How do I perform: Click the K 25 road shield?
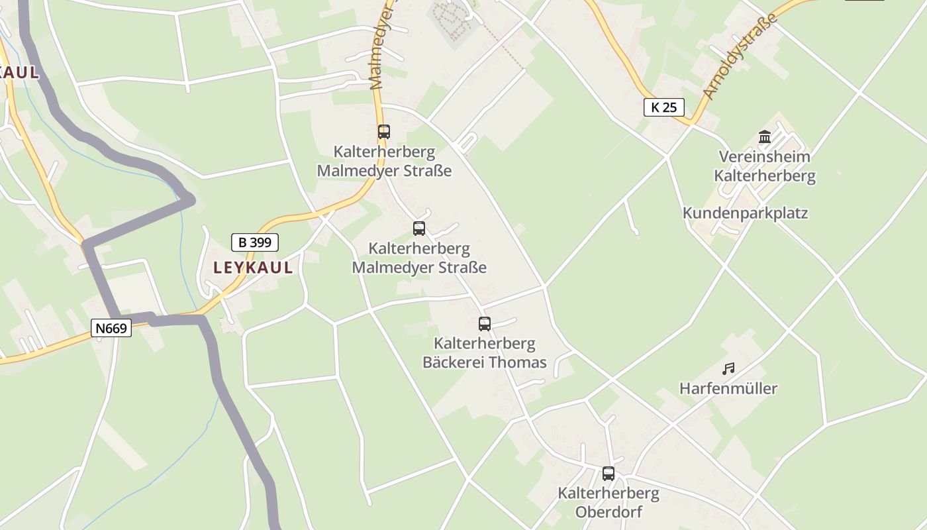(663, 107)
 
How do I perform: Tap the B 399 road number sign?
(255, 242)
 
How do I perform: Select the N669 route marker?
(111, 328)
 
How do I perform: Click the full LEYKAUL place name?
(253, 268)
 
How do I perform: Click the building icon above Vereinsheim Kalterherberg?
(765, 137)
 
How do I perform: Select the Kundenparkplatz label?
(745, 213)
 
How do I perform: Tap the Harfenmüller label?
(728, 388)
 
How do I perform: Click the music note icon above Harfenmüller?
(728, 368)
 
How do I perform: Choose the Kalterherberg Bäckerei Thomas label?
(485, 352)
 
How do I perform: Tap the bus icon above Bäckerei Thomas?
(485, 324)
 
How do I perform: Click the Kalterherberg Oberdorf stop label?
(609, 502)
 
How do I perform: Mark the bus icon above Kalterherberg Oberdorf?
(609, 474)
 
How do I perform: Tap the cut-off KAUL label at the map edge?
(19, 72)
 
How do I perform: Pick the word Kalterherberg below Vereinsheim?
(765, 176)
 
